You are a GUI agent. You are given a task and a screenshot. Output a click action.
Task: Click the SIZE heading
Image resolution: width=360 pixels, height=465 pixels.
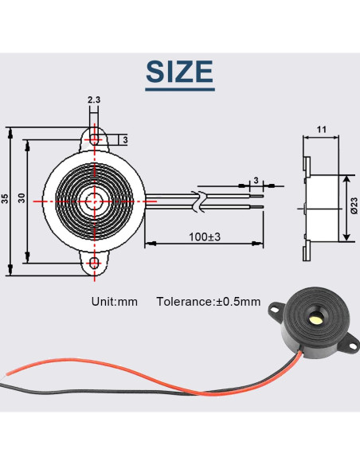click(179, 72)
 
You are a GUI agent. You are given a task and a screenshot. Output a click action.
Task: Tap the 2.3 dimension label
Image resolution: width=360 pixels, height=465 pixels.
click(95, 100)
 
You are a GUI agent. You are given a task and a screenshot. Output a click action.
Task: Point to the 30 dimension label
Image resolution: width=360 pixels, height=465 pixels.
click(22, 199)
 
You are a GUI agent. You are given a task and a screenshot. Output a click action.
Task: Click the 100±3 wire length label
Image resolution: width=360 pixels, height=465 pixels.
click(205, 236)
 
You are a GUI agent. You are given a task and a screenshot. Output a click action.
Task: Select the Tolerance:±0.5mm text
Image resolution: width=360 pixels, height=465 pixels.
click(209, 302)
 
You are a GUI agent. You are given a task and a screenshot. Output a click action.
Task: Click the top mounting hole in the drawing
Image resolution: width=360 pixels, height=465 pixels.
click(96, 139)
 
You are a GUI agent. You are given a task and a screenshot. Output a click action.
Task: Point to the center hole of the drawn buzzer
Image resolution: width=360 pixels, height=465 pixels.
click(96, 200)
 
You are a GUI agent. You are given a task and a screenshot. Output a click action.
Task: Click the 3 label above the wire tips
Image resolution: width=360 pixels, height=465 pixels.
click(255, 180)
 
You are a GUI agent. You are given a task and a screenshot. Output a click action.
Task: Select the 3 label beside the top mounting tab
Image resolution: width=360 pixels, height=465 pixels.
click(124, 140)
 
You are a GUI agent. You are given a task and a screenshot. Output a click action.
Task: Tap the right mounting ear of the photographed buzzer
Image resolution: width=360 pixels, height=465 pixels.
click(348, 344)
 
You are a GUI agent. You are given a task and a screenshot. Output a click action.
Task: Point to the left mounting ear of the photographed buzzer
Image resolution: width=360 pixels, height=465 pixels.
click(274, 307)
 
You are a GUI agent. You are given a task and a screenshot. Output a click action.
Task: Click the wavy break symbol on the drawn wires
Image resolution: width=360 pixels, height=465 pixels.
click(201, 201)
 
